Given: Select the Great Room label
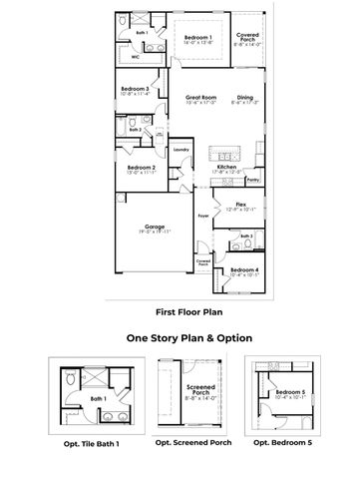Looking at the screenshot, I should (201, 97).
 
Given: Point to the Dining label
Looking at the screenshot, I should (244, 97).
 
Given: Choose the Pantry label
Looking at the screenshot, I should (253, 180).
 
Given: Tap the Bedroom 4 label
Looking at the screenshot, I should (244, 269).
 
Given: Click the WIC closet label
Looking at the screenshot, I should (136, 58).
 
